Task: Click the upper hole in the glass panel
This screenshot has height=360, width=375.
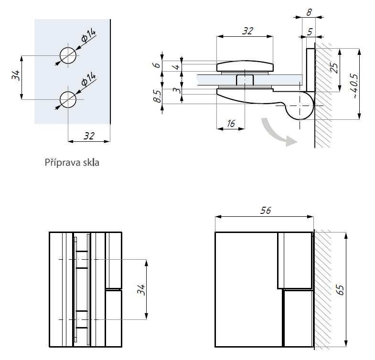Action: pyautogui.click(x=68, y=55)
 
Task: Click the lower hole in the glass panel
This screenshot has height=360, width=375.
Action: pyautogui.click(x=68, y=99)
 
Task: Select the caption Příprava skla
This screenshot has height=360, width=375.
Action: pyautogui.click(x=72, y=162)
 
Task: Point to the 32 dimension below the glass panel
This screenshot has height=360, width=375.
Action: pyautogui.click(x=89, y=136)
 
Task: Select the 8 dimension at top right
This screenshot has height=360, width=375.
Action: pyautogui.click(x=309, y=11)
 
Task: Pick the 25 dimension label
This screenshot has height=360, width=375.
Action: pyautogui.click(x=334, y=68)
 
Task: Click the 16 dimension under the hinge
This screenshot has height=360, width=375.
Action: pyautogui.click(x=231, y=124)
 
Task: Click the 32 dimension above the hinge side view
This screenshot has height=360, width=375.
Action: pyautogui.click(x=246, y=32)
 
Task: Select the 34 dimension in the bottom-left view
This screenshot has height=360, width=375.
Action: pyautogui.click(x=140, y=289)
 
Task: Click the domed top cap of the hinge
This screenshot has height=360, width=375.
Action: pyautogui.click(x=246, y=66)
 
